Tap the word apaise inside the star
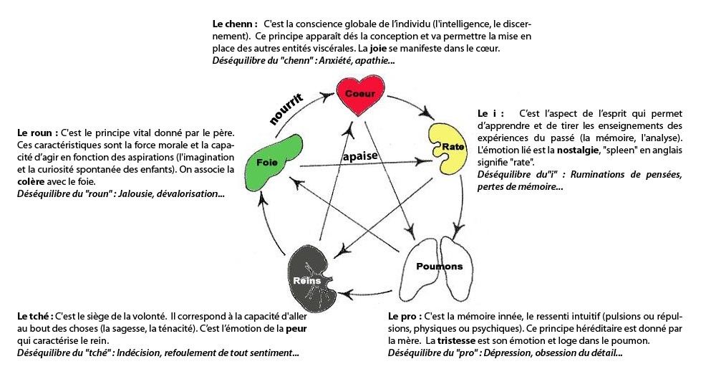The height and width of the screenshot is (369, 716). coord(359,156)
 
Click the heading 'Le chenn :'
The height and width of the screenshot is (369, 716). coord(234,23)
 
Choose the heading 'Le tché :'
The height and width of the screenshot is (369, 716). coord(35,316)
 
